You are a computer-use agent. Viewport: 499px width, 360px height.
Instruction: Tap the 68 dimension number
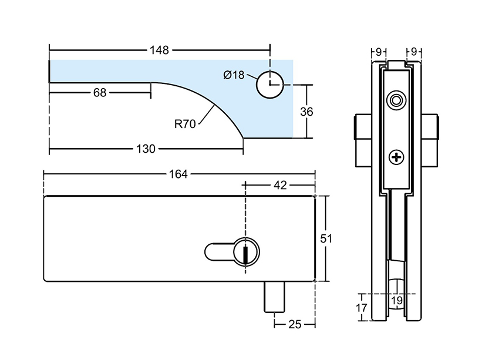(x=100, y=92)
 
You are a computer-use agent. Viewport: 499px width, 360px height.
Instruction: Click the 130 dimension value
(x=146, y=149)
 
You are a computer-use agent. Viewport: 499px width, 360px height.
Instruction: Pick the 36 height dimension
(x=307, y=112)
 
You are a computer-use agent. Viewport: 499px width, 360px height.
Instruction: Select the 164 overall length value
(x=178, y=174)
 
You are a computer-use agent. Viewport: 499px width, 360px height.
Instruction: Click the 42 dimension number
(x=280, y=185)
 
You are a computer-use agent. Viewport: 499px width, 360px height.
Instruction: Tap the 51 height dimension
(x=326, y=238)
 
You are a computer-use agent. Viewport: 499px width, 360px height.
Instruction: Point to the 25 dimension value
(x=294, y=324)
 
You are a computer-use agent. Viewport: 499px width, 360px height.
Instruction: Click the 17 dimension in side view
(x=362, y=307)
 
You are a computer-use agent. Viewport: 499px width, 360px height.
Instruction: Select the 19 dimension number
(x=397, y=301)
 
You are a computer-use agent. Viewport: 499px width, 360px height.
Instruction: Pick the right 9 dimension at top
(x=414, y=51)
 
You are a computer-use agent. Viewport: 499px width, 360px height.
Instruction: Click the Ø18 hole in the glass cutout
(x=269, y=83)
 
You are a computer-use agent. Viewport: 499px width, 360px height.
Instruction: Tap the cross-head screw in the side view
(x=397, y=157)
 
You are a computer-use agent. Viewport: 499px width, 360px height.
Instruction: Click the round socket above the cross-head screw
(x=397, y=100)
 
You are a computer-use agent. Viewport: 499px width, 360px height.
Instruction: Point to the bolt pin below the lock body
(x=275, y=297)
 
